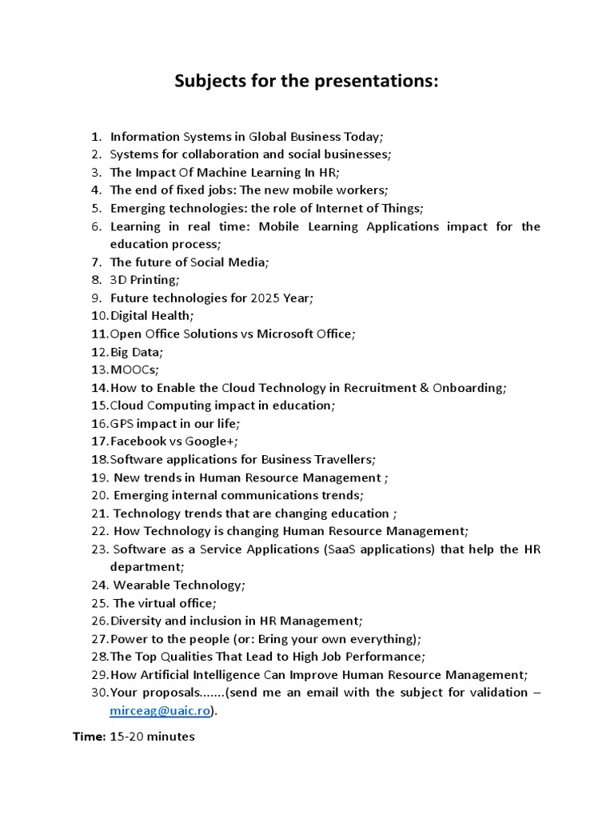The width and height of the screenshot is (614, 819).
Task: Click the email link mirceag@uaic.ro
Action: pyautogui.click(x=160, y=710)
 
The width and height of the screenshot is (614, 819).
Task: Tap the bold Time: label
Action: pyautogui.click(x=89, y=737)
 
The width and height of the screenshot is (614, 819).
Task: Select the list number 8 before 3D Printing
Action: pyautogui.click(x=96, y=280)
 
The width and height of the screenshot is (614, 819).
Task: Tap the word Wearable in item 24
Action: pyautogui.click(x=142, y=585)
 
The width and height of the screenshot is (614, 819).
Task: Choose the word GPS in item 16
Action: pyautogui.click(x=122, y=423)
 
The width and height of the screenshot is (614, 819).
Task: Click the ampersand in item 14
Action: pyautogui.click(x=424, y=388)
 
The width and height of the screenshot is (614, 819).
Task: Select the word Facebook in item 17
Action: pyautogui.click(x=138, y=441)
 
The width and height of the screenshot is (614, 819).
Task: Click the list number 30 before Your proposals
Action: pyautogui.click(x=98, y=693)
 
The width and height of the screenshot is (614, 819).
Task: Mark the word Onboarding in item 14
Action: pyautogui.click(x=468, y=388)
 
